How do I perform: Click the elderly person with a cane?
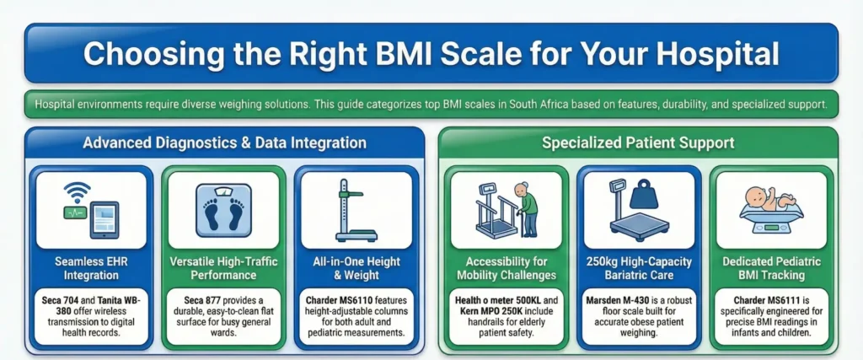coord(527,207)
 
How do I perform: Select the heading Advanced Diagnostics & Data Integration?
coord(224,142)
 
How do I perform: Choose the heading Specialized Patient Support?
coord(638,142)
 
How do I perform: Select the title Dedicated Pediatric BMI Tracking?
coord(771,268)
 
